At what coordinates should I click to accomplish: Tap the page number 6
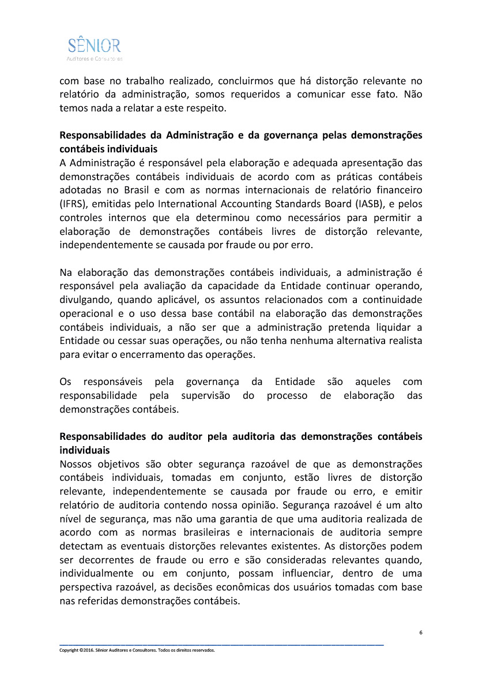click(421, 633)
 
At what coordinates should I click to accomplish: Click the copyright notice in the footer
click(137, 650)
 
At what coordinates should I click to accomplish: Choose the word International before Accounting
click(187, 203)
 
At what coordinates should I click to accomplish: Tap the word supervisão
click(206, 396)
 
